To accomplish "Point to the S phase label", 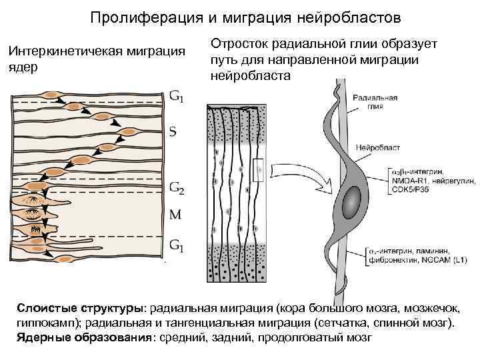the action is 173,131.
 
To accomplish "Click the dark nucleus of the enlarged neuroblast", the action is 354,199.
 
